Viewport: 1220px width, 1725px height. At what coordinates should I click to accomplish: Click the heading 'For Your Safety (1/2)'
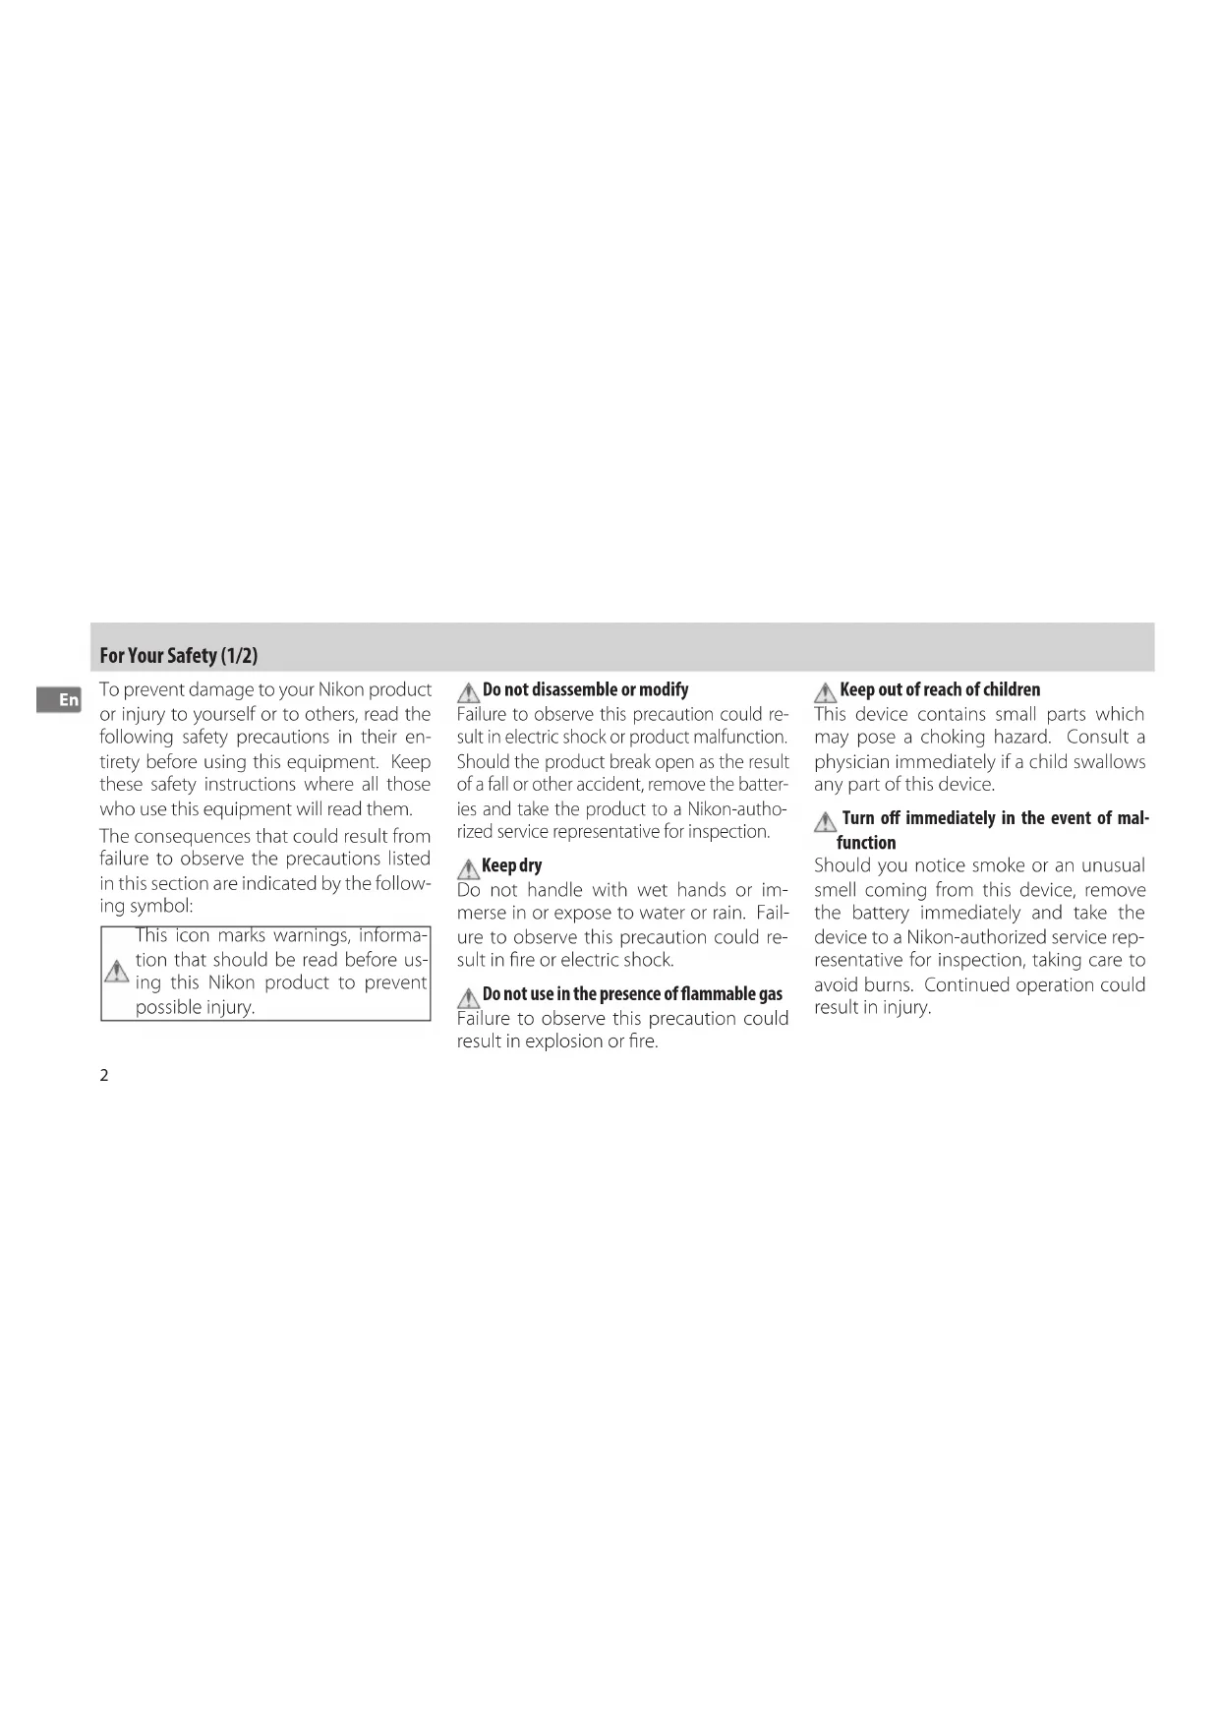(178, 655)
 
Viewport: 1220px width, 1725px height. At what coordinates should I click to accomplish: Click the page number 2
(104, 1075)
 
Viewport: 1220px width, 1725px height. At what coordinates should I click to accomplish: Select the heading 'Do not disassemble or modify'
(585, 689)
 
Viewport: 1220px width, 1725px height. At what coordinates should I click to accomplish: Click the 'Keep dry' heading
(511, 865)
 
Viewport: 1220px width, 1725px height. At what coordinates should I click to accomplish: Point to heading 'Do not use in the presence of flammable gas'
(632, 994)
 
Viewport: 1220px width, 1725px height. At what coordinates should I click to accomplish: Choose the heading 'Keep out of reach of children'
(939, 689)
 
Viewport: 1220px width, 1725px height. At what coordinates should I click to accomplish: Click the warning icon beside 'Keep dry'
(468, 867)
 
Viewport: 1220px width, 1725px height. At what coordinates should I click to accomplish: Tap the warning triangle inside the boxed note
(116, 972)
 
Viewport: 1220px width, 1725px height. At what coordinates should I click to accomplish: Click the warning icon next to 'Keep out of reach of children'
(825, 691)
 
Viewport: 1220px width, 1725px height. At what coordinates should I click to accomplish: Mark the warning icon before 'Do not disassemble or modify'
(468, 691)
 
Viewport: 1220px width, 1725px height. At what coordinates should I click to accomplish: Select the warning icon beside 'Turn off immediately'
(825, 820)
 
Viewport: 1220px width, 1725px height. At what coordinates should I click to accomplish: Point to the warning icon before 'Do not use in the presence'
(468, 996)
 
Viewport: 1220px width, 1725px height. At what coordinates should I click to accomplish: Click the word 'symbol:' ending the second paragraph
(161, 907)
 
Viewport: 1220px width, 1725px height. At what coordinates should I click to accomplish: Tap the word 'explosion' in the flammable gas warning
(575, 1041)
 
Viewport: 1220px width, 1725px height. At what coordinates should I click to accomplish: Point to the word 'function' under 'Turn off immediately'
(866, 843)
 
